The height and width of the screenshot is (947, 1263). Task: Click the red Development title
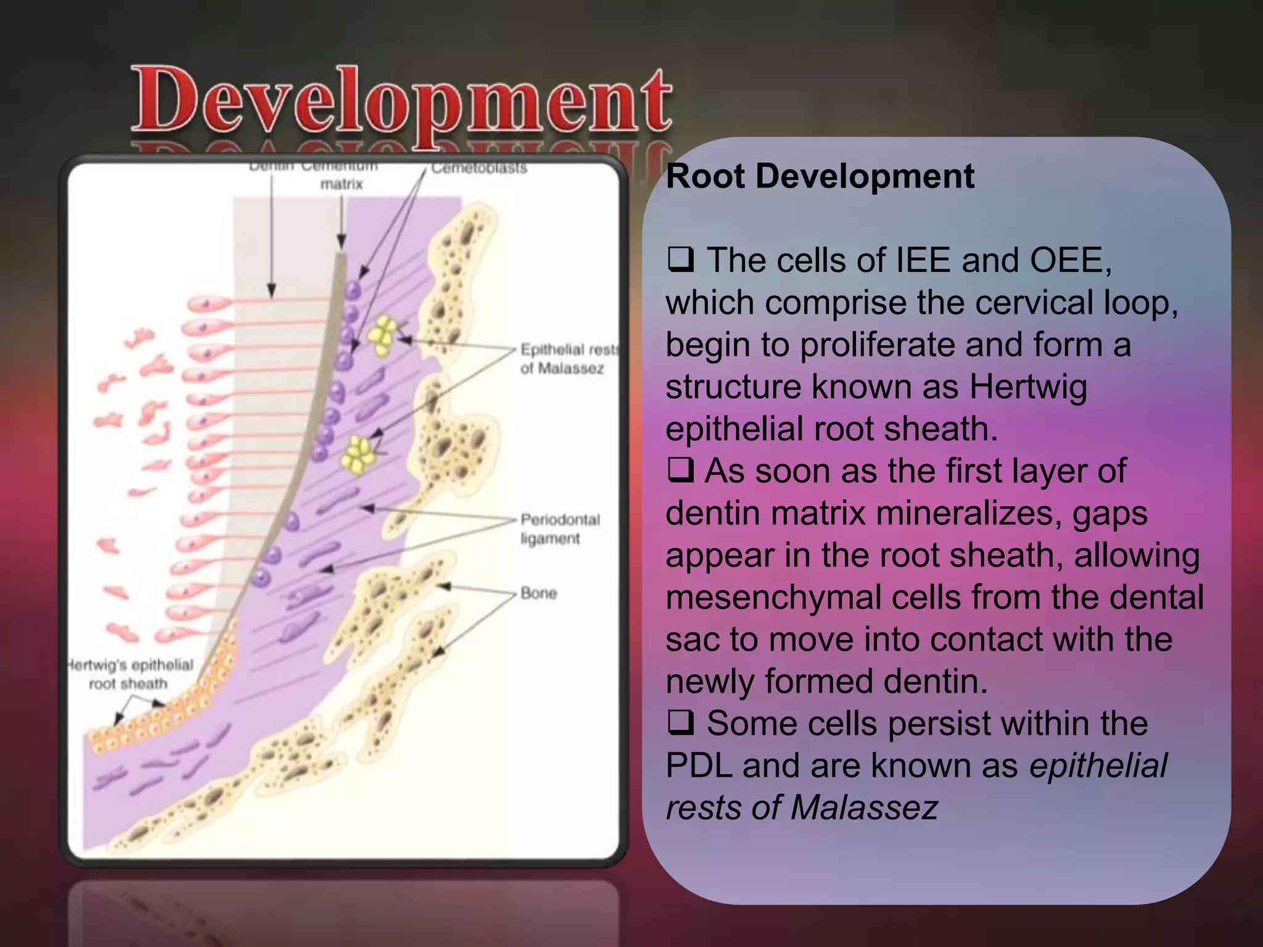[401, 102]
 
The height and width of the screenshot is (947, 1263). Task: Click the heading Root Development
[820, 176]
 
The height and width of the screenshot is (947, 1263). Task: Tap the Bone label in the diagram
[538, 593]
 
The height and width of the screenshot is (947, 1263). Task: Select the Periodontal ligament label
[560, 528]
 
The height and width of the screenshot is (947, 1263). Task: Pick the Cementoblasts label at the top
[479, 168]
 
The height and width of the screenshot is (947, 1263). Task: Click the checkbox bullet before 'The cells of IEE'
[680, 260]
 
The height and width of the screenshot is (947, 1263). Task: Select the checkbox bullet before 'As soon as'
[680, 471]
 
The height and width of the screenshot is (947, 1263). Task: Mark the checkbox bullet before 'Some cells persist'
[680, 723]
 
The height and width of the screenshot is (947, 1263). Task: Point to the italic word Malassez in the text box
[864, 808]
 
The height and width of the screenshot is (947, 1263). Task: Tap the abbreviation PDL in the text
[699, 766]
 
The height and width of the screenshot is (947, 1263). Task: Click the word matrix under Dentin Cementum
[342, 184]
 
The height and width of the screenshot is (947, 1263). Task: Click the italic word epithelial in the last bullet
[1098, 766]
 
